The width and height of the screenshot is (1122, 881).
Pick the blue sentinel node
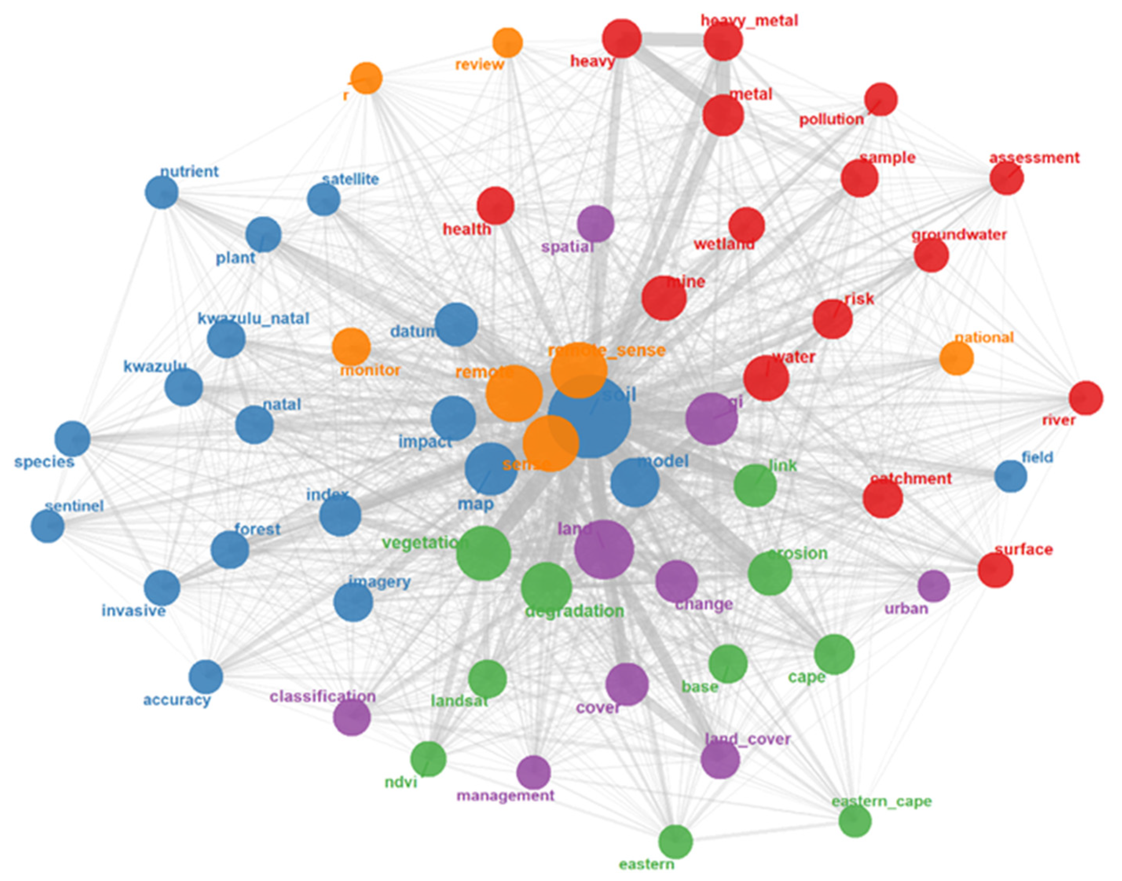coord(48,526)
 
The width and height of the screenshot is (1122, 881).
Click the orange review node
coord(508,43)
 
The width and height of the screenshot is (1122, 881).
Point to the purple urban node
coord(933,585)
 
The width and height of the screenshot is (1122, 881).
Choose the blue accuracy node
coord(206,676)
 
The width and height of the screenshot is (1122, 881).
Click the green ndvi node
coord(428,759)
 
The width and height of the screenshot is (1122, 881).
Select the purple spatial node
coord(595,223)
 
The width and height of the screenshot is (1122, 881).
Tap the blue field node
coord(1010,476)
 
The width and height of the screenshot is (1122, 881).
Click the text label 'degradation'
coord(574,612)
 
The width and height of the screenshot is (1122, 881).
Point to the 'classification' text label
coord(323,696)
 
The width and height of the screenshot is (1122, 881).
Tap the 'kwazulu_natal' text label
coord(253,318)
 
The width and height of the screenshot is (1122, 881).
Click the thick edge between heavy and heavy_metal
coord(672,39)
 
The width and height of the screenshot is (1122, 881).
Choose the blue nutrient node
coord(162,192)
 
